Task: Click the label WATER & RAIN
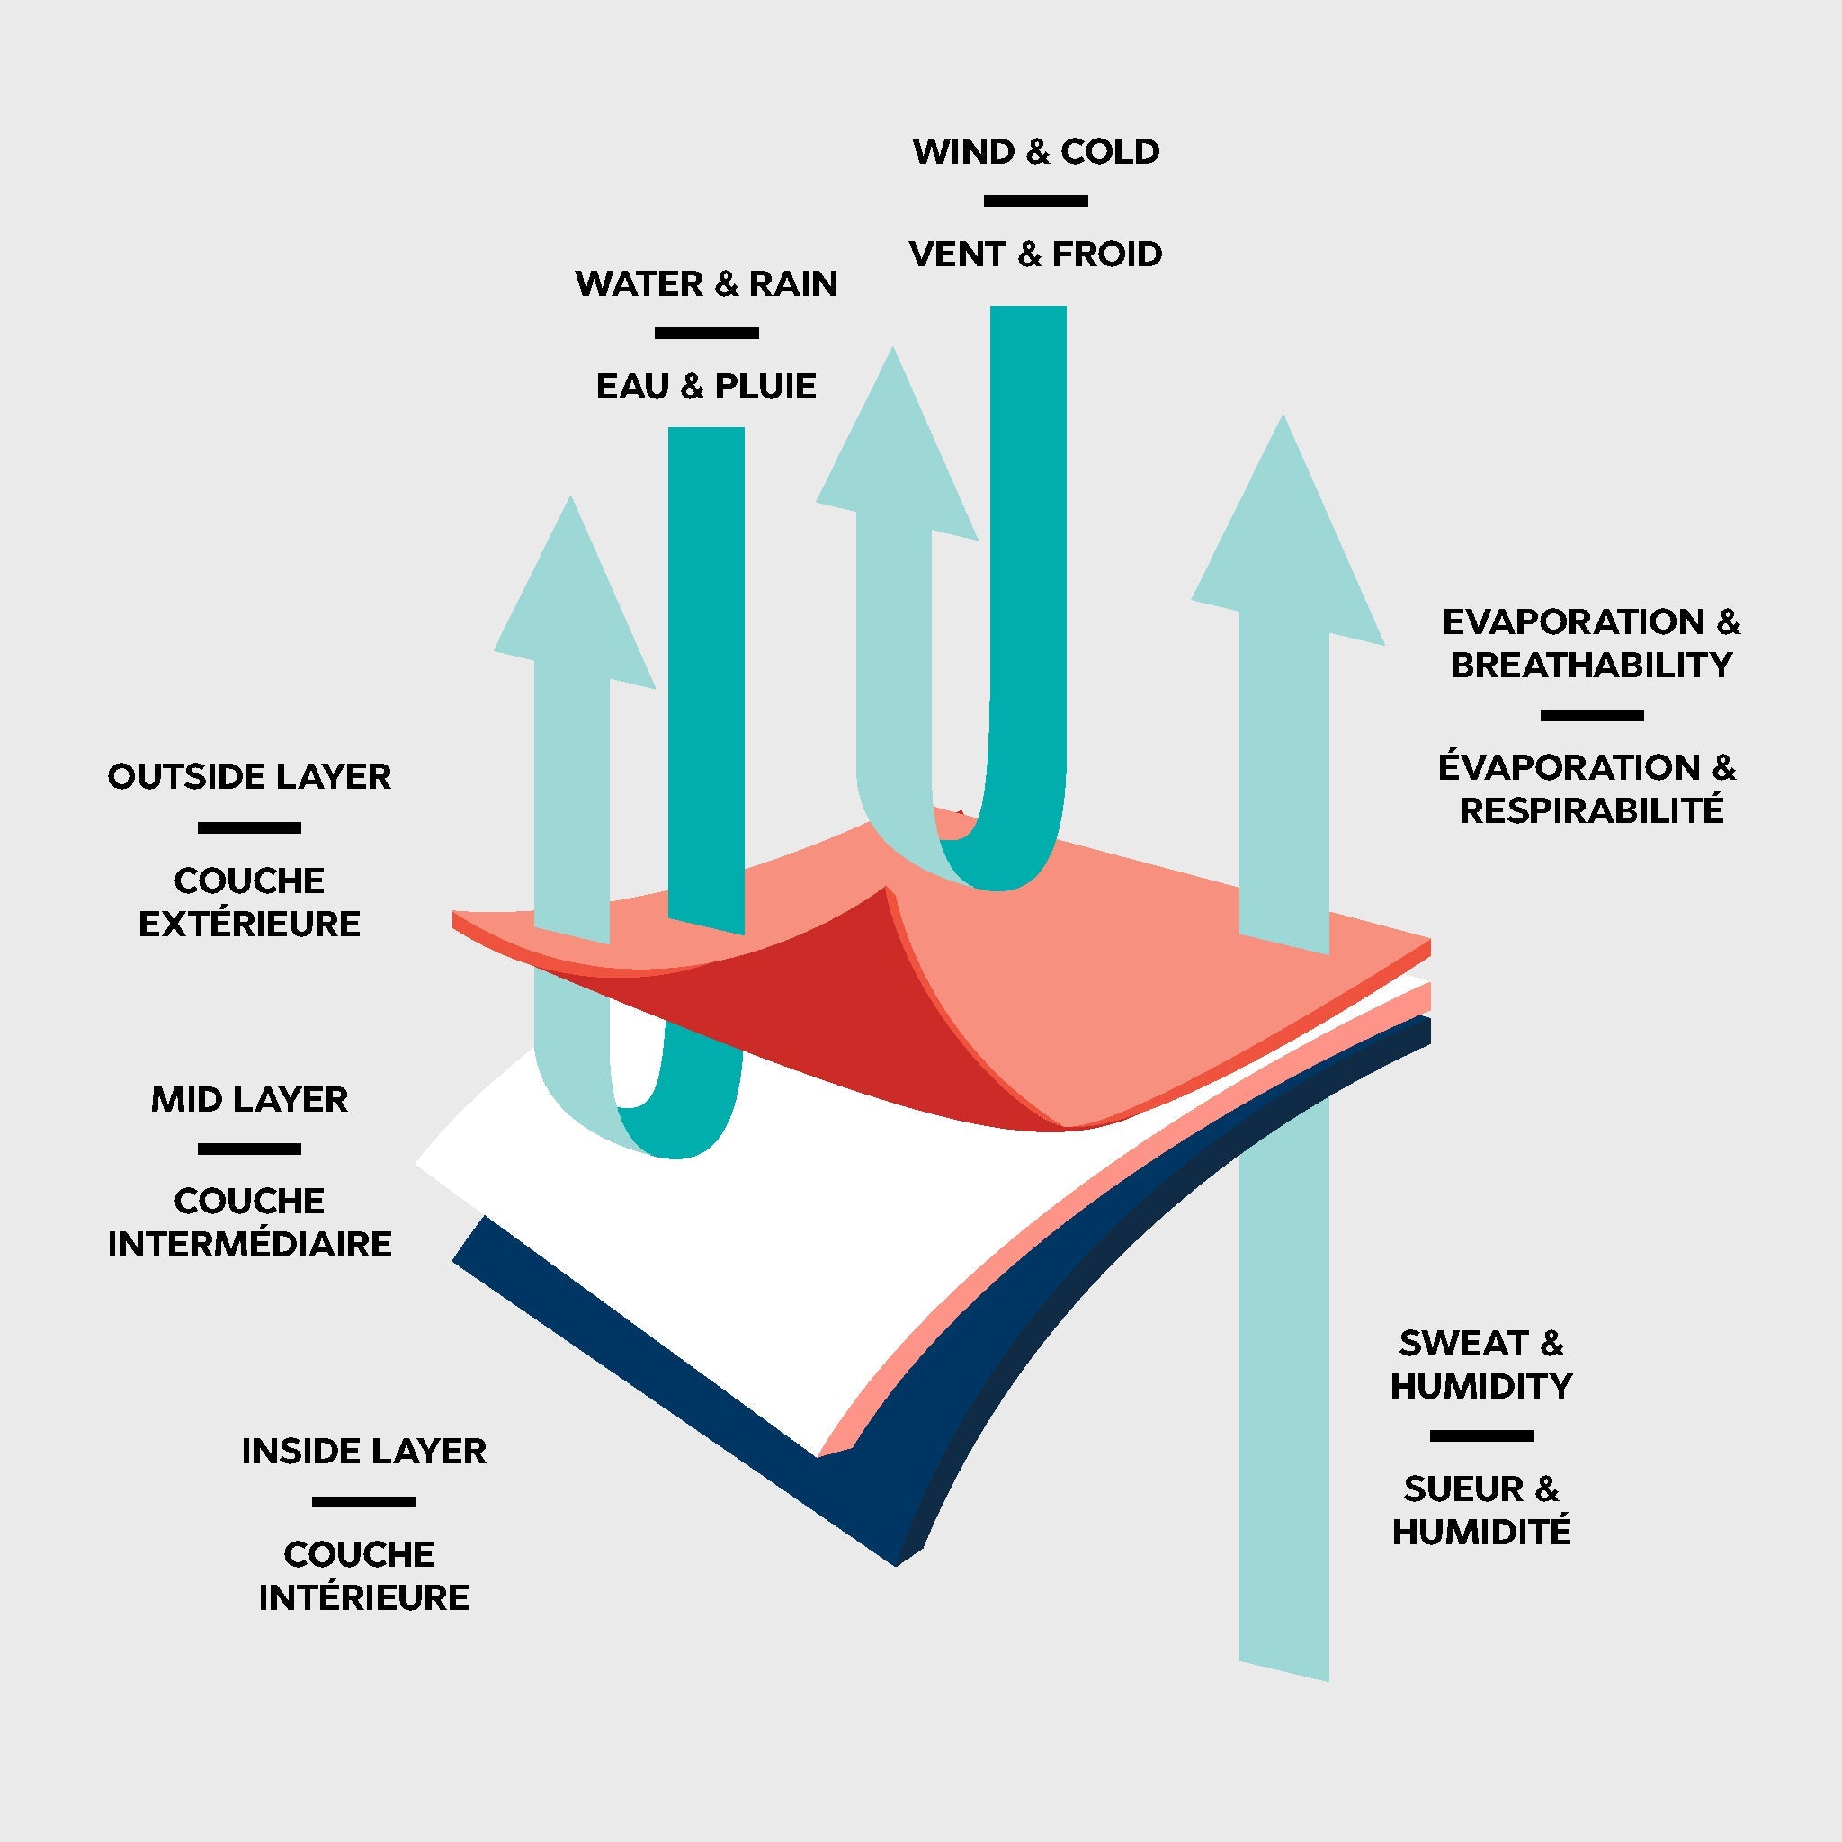(706, 284)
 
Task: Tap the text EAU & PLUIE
(706, 386)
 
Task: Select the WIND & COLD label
(1035, 152)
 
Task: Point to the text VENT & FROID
(1035, 255)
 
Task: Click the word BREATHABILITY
(1590, 666)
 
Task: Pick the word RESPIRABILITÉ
(1590, 810)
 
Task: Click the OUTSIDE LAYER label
(249, 777)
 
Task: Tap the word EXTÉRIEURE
(249, 924)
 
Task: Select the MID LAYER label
(249, 1099)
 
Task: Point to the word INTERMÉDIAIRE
(249, 1244)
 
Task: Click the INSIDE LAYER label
(363, 1451)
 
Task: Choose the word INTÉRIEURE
(363, 1597)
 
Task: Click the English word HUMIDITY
(1480, 1386)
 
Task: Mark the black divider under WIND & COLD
(1035, 201)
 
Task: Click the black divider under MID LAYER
(249, 1149)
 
